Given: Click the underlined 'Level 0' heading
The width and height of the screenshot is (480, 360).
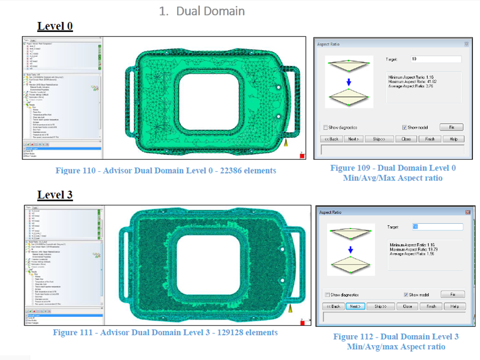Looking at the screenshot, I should pyautogui.click(x=55, y=26).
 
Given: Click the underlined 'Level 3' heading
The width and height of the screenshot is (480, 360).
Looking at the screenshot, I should pyautogui.click(x=55, y=195).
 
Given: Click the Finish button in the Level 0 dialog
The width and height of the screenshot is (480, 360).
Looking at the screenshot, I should pyautogui.click(x=430, y=139).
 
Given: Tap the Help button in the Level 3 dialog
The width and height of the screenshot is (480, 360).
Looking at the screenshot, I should pyautogui.click(x=455, y=307).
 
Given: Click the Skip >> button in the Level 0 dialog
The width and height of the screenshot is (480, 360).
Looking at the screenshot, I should pyautogui.click(x=379, y=139).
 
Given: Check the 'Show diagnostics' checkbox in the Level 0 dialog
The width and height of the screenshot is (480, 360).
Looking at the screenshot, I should pyautogui.click(x=325, y=127).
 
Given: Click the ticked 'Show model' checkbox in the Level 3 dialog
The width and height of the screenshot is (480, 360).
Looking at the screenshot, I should pyautogui.click(x=406, y=295).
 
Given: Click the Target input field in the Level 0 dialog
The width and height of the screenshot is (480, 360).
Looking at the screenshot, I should pyautogui.click(x=436, y=59).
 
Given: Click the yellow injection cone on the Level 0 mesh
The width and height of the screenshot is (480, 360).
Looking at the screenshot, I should pyautogui.click(x=286, y=143).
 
